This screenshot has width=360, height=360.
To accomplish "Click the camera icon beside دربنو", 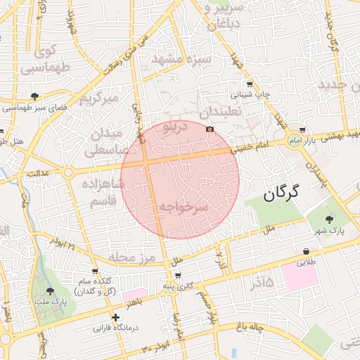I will point(210,129).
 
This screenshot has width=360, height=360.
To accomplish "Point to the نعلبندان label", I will point(219,112).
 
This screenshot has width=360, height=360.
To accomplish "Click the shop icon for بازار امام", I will point(302,129).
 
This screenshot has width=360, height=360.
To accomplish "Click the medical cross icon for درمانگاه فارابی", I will point(116,318).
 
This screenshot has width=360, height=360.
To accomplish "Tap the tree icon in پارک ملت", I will point(50,291).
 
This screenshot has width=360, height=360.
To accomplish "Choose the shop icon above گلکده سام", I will point(94,271).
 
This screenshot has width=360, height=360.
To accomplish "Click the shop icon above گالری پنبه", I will point(178,276).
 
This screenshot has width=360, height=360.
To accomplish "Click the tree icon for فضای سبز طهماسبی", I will point(35,96).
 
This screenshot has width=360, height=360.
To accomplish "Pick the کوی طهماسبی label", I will point(44,60).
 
